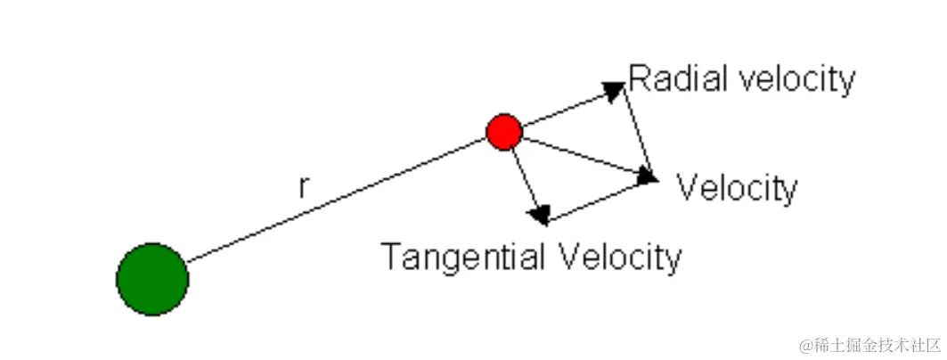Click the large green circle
pyautogui.click(x=152, y=279)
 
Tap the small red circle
pyautogui.click(x=504, y=132)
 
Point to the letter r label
pyautogui.click(x=304, y=187)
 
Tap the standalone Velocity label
pyautogui.click(x=737, y=188)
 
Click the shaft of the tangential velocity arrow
pyautogui.click(x=523, y=178)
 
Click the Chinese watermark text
pyautogui.click(x=869, y=344)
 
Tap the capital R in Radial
pyautogui.click(x=638, y=79)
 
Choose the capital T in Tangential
pyautogui.click(x=390, y=258)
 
